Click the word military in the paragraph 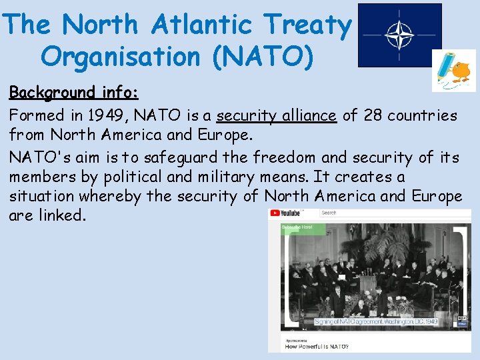click(261, 177)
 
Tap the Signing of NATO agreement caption click(376, 321)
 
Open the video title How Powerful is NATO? click(317, 346)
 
